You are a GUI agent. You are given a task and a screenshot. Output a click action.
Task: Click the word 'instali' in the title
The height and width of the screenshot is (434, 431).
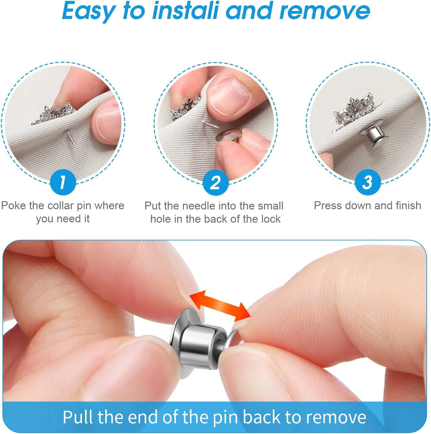tap(186, 11)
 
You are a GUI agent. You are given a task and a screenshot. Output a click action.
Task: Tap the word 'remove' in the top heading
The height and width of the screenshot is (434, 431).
tap(325, 11)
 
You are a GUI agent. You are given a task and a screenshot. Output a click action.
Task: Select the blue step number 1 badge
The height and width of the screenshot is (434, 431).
tap(62, 182)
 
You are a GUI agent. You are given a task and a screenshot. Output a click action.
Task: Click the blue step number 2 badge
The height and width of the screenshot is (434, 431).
tap(215, 183)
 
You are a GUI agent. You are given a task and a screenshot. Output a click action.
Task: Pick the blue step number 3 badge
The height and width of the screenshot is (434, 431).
tap(367, 182)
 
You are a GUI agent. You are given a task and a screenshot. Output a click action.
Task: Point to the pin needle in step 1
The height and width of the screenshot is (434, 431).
tap(69, 139)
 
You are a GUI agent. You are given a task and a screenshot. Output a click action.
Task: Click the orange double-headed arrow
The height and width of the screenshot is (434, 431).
tap(220, 306)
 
